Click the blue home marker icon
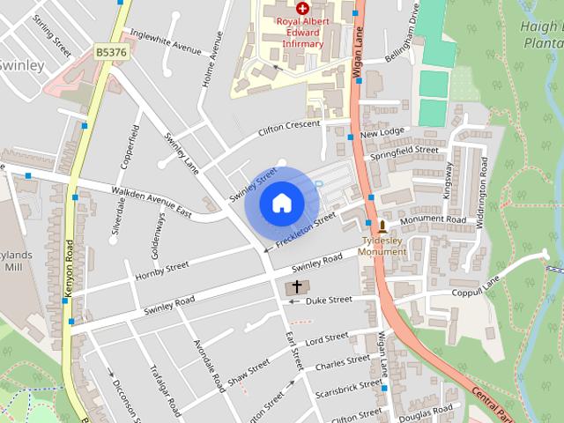(281, 204)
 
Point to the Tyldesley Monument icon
(382, 226)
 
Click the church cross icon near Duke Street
(297, 287)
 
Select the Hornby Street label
(162, 271)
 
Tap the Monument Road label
(432, 219)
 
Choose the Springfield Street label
(404, 152)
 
